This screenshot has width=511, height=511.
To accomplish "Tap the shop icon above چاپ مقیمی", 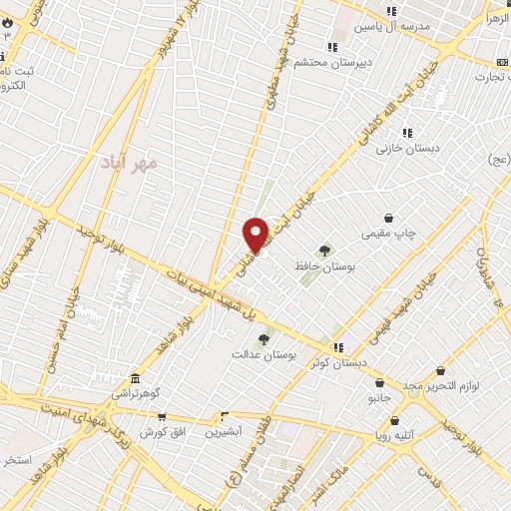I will pos(388,218).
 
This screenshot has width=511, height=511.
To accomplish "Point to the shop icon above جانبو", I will pos(379,382).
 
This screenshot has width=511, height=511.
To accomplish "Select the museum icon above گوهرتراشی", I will pos(135,378).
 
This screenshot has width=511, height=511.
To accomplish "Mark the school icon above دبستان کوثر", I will pos(337,346).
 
